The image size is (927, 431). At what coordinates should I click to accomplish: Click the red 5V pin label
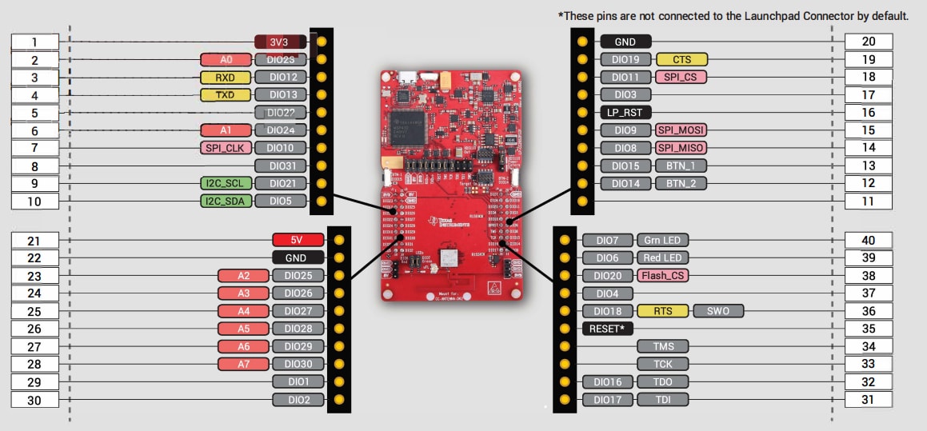(x=297, y=239)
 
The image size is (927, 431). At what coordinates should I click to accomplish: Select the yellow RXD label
(x=226, y=78)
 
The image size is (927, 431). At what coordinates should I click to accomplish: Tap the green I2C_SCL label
(x=226, y=183)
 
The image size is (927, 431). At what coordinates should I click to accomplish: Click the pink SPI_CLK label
(x=226, y=148)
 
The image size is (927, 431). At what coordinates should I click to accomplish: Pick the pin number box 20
(x=869, y=42)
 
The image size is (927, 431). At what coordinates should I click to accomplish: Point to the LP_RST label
(x=626, y=112)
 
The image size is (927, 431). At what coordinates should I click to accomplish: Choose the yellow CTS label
(x=681, y=59)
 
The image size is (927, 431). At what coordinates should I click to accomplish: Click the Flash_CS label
(x=662, y=275)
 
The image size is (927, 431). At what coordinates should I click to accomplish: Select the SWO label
(x=718, y=311)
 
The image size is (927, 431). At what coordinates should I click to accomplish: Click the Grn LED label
(x=662, y=240)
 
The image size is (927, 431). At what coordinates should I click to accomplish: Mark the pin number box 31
(x=869, y=400)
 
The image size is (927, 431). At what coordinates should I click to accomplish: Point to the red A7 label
(x=243, y=364)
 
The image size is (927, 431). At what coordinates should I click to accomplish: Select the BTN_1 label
(x=681, y=166)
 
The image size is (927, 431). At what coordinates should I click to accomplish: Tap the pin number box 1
(x=34, y=42)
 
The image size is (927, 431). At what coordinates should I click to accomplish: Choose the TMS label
(x=662, y=346)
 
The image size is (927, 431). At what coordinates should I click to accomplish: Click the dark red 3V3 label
(x=278, y=42)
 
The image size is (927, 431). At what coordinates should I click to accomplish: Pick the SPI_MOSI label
(x=681, y=130)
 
